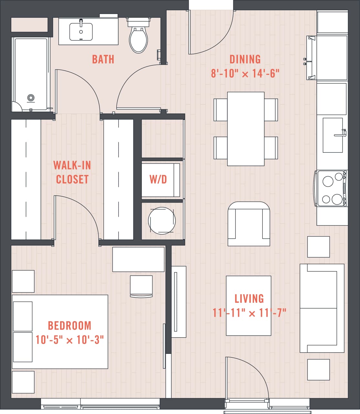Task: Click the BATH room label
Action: (x=103, y=60)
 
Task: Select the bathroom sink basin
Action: (x=81, y=32)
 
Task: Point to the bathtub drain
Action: (x=31, y=97)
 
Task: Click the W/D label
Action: (x=158, y=180)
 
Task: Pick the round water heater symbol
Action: (x=162, y=221)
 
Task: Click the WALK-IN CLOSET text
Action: (x=72, y=172)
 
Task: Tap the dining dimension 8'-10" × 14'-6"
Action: (x=245, y=74)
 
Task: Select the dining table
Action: (x=246, y=129)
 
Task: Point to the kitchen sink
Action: (x=333, y=135)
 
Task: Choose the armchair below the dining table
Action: (x=249, y=224)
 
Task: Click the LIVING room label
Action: (x=249, y=299)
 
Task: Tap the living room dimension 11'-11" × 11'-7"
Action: (x=249, y=313)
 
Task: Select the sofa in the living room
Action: (x=322, y=308)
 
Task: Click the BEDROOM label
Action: (x=69, y=325)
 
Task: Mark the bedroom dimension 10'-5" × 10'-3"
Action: (x=69, y=340)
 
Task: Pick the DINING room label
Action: (x=245, y=60)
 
